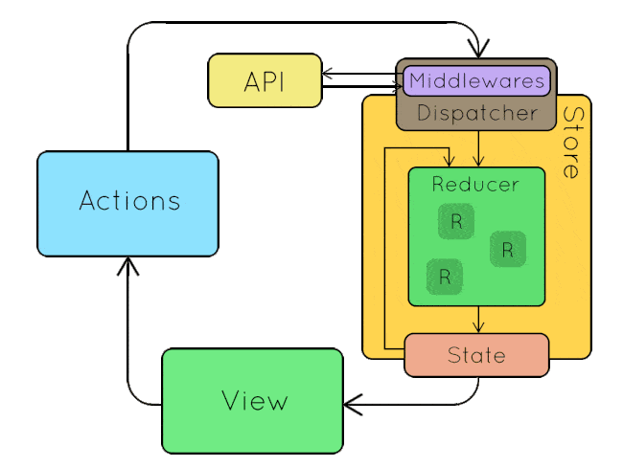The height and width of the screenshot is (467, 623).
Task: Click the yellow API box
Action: click(x=265, y=80)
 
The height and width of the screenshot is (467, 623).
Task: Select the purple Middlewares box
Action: click(x=476, y=80)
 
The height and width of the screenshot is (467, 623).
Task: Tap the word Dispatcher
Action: click(x=476, y=114)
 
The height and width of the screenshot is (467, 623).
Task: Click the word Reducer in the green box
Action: click(x=475, y=185)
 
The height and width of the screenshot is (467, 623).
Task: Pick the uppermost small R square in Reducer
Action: click(x=456, y=222)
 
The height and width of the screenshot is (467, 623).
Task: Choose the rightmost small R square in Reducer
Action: click(x=508, y=250)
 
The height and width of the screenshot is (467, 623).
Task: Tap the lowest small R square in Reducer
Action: click(x=445, y=277)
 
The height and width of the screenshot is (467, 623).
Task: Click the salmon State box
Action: click(x=476, y=355)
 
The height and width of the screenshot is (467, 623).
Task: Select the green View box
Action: click(x=252, y=400)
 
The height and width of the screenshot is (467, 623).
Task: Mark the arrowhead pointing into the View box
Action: click(x=350, y=405)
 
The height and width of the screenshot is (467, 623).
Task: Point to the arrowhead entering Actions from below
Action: click(x=127, y=264)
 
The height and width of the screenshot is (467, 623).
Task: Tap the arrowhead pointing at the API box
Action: click(x=327, y=73)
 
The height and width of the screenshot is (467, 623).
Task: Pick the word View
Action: click(x=254, y=400)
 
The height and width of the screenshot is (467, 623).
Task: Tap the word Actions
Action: click(x=129, y=202)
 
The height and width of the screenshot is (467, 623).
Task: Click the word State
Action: click(x=476, y=355)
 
